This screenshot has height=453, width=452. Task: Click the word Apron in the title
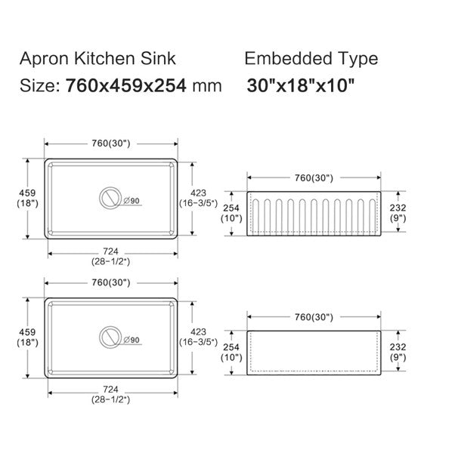(x=42, y=59)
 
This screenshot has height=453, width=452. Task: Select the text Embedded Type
(x=311, y=59)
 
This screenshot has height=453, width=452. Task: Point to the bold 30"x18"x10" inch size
(x=301, y=85)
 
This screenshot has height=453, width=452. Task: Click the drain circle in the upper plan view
(x=110, y=199)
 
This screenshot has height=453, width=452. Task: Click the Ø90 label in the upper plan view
(x=131, y=201)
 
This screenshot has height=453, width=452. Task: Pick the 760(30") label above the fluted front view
(x=313, y=178)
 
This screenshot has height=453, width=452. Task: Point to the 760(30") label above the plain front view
(x=313, y=316)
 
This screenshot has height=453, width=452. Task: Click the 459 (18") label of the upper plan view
(x=26, y=198)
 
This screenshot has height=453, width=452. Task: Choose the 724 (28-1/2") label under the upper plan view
(x=111, y=257)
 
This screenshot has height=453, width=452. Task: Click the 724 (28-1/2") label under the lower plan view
(x=111, y=393)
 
